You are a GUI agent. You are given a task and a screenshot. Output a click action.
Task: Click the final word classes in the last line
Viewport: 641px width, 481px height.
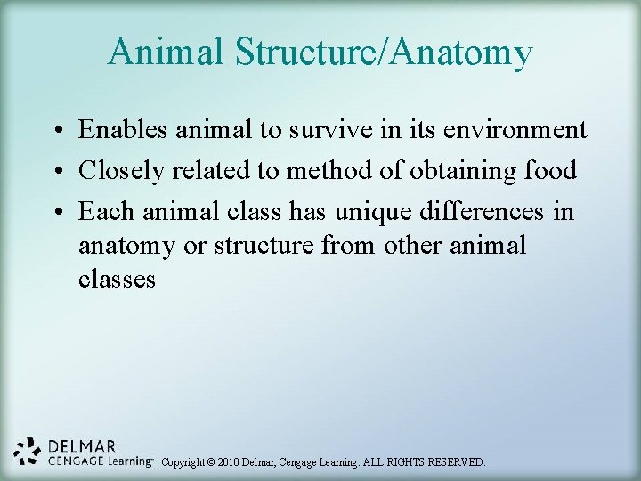tap(117, 280)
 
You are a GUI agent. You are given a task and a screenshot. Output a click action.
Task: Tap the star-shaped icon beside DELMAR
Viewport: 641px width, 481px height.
tap(28, 452)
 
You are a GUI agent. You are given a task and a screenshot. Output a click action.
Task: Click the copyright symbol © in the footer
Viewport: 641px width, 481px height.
tap(211, 462)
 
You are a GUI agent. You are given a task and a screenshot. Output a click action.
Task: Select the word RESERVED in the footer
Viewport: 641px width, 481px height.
tap(452, 462)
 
